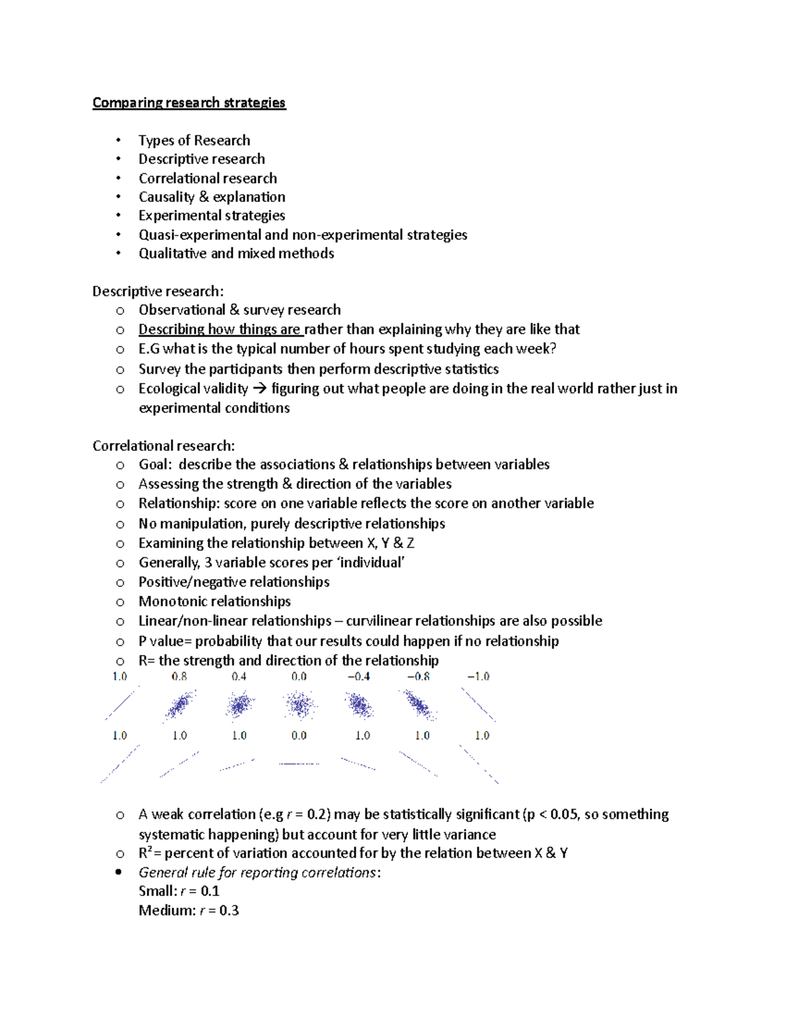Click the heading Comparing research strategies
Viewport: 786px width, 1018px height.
point(189,103)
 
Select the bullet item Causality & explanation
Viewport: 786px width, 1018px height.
point(212,197)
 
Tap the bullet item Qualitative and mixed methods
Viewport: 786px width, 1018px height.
point(236,254)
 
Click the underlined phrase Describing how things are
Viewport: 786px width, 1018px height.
point(220,329)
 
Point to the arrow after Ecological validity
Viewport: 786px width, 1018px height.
point(259,389)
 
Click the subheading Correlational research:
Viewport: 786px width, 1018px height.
point(163,446)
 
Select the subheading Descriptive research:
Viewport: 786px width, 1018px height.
point(157,291)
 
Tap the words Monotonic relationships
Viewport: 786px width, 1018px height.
point(214,601)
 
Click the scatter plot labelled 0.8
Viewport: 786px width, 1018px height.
point(179,705)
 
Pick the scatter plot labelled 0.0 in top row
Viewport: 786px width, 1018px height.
point(300,705)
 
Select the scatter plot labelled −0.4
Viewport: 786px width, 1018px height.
point(359,705)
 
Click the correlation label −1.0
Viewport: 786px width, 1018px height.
point(478,676)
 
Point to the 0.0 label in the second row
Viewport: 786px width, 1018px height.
point(299,735)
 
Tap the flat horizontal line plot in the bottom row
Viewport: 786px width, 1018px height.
point(299,764)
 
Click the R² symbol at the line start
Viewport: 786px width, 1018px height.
point(145,853)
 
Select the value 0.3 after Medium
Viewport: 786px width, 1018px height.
point(229,910)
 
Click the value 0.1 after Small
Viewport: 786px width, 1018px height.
point(210,891)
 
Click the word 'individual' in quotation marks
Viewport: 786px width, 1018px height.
point(375,562)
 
